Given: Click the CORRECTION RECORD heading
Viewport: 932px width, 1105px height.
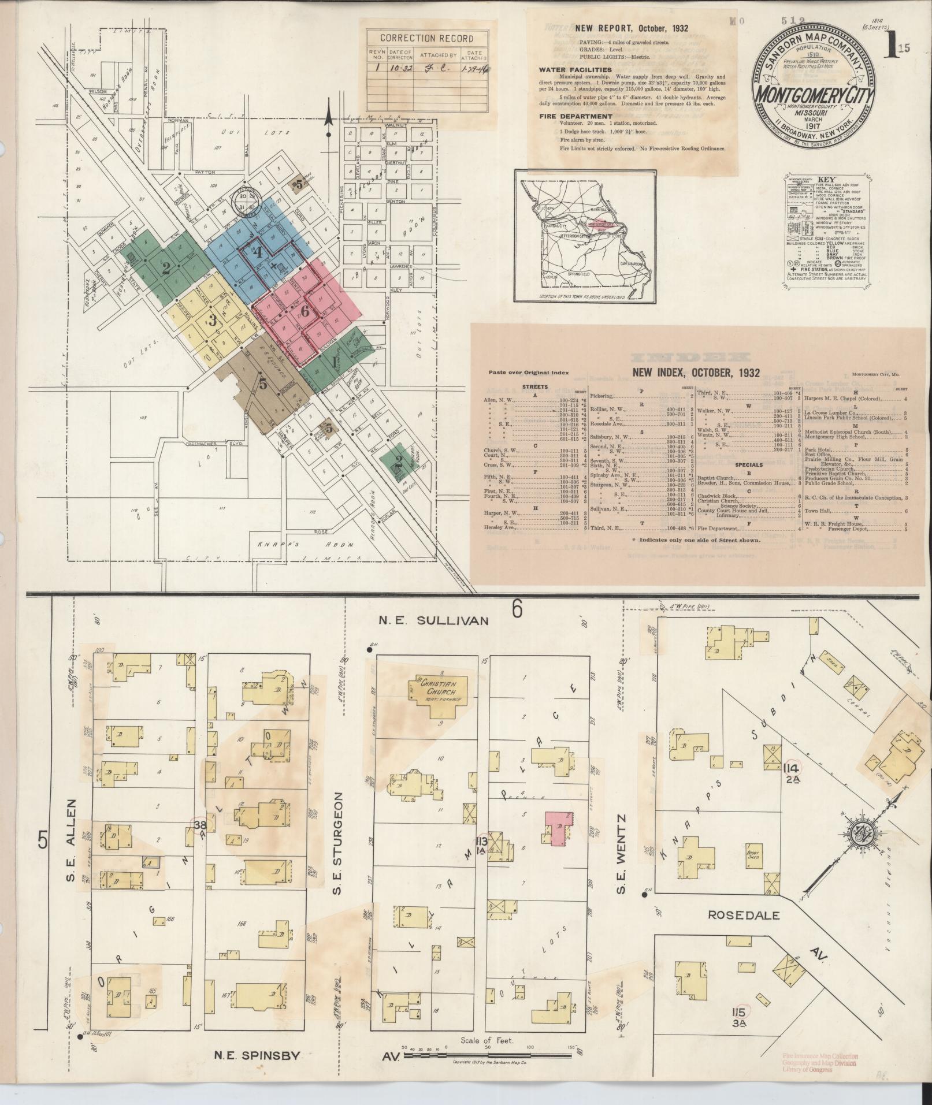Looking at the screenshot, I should coord(426,39).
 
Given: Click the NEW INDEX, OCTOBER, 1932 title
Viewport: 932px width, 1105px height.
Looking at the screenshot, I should coord(696,373).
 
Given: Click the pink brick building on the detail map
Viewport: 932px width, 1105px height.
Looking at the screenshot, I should coord(557,828).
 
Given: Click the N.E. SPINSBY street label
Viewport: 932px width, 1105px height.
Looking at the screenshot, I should coord(257,1056).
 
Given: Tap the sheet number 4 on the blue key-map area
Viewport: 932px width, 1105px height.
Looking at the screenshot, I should coord(258,252).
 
